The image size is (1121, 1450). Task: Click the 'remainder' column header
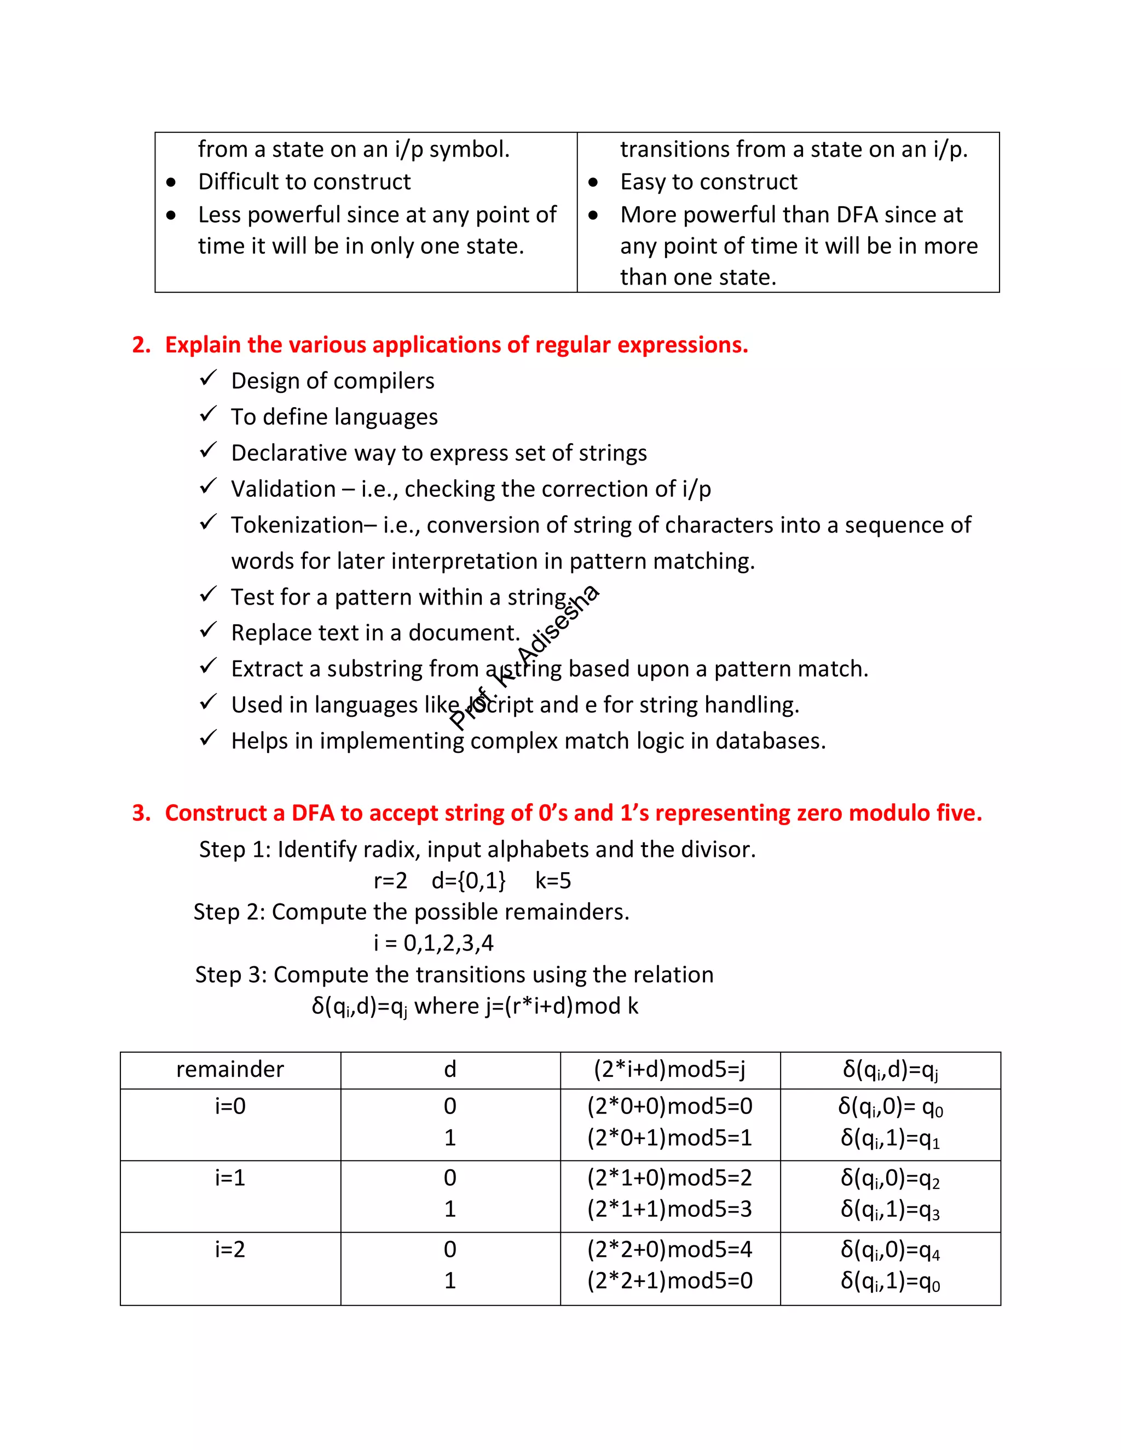[x=230, y=1070]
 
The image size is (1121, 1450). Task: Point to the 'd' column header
[x=449, y=1070]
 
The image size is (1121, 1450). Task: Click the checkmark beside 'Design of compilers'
[x=208, y=379]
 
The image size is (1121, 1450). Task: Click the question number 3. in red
[x=141, y=813]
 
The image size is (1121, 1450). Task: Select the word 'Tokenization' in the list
[x=297, y=525]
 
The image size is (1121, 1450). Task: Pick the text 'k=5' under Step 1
[x=552, y=881]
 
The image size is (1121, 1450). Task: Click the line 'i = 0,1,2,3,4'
[x=433, y=943]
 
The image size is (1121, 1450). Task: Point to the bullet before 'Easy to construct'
[x=593, y=182]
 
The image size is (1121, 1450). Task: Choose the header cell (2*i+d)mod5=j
[x=669, y=1070]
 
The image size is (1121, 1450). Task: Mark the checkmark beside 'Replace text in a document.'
[x=208, y=630]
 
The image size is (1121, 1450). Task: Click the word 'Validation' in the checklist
[x=284, y=489]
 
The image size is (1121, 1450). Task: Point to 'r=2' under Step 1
[x=390, y=881]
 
